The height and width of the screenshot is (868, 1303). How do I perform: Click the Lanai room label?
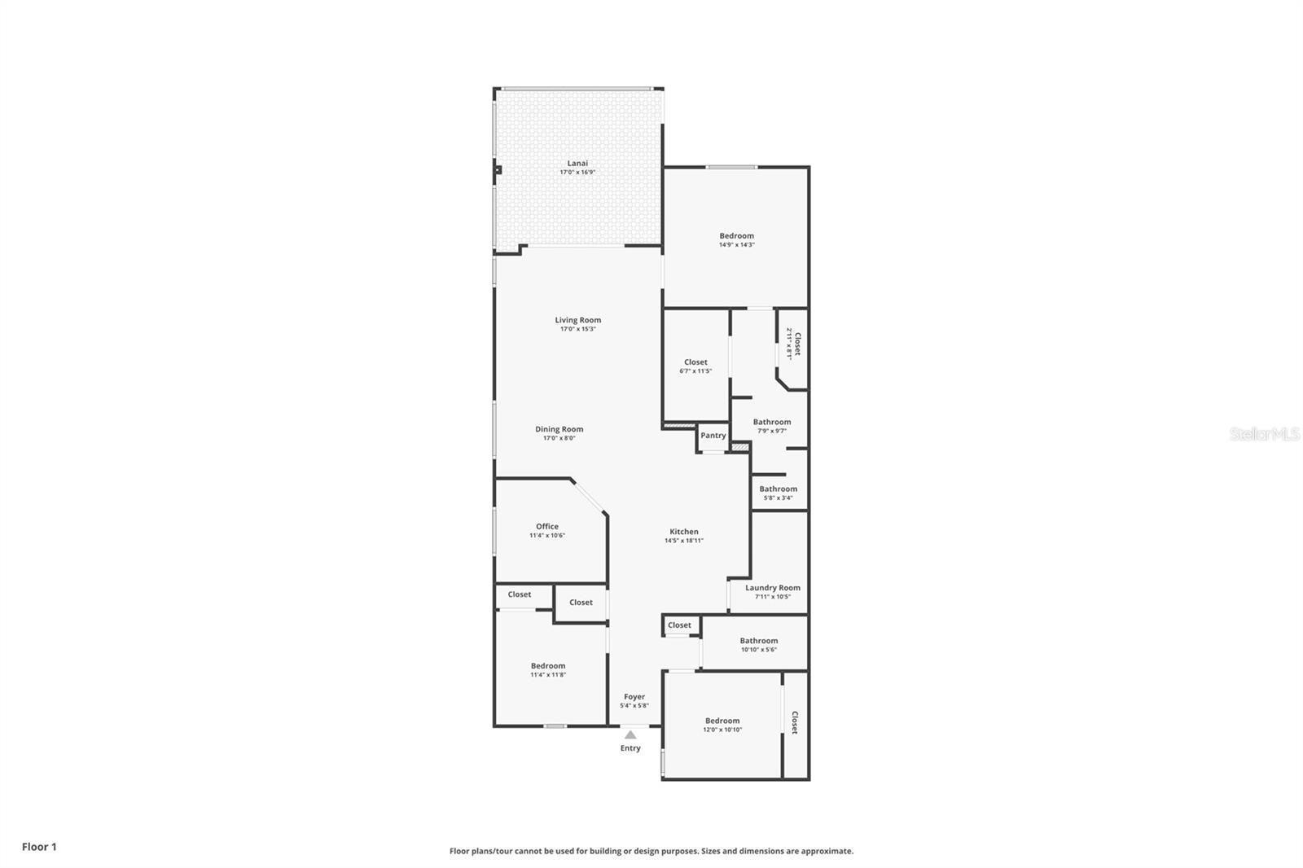coord(577,164)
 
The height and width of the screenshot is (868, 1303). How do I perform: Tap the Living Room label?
coord(577,320)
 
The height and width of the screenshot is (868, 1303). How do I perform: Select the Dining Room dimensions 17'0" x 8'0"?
coord(559,438)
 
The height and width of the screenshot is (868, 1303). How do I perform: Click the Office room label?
coord(546,526)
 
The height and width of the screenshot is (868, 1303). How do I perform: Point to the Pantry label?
coord(713,436)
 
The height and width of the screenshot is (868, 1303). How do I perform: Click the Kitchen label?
coord(683,532)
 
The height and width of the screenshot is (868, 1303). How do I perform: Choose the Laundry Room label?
coord(772,588)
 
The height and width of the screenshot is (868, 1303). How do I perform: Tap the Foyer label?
coord(634,697)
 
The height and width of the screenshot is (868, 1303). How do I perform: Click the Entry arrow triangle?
coord(630,734)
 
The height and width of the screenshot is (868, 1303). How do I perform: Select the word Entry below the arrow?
coord(630,748)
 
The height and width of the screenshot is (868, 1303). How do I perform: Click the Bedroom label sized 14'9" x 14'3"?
coord(736,236)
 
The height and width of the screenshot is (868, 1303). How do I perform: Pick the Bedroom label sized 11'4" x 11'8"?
coord(547,666)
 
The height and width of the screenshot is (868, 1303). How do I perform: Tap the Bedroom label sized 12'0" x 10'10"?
coord(722,721)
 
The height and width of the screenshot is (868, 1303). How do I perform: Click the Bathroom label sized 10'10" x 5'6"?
coord(758,641)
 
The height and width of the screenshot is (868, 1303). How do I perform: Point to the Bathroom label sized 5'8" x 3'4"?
coord(778,489)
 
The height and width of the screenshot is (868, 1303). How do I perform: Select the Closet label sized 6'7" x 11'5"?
coord(695,362)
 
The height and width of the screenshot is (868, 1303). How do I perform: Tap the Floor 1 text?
coord(39,847)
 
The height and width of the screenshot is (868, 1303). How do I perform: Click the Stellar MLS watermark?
coord(1264,435)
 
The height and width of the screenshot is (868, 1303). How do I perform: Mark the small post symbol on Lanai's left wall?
coord(497,170)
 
